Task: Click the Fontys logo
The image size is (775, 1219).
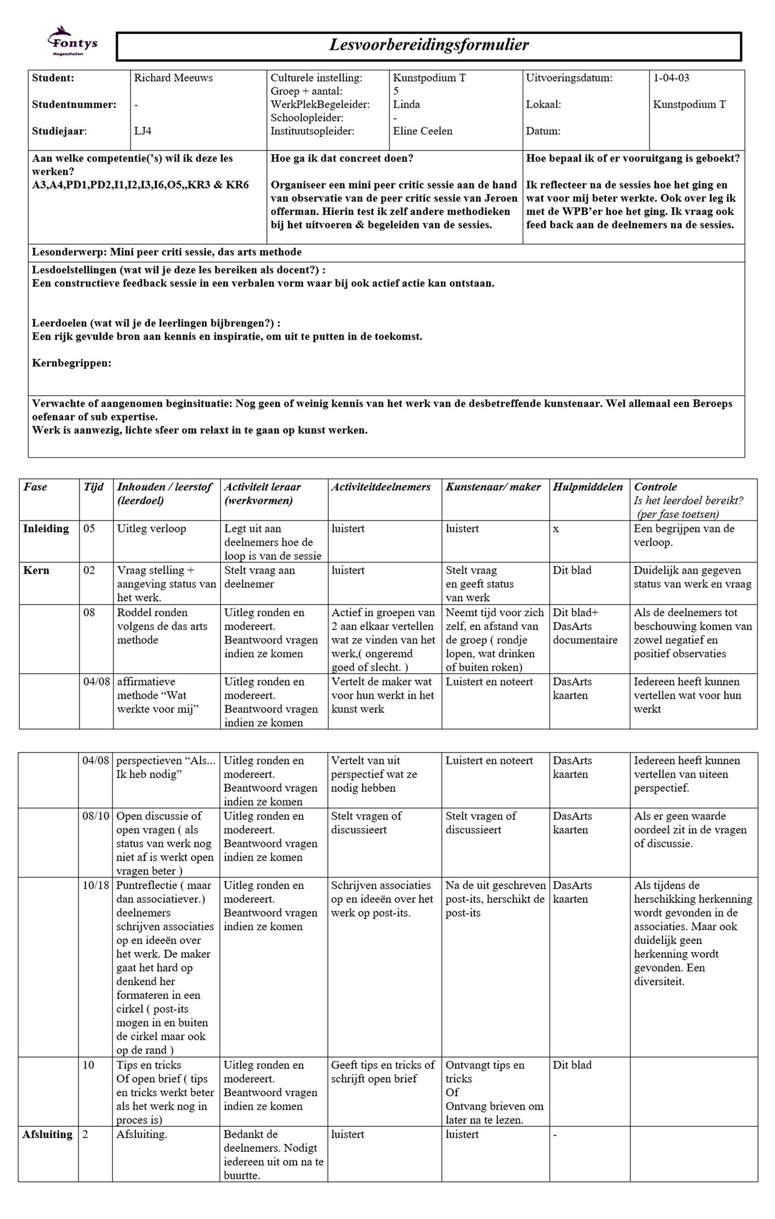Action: (72, 42)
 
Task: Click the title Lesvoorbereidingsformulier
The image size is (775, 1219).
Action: (429, 45)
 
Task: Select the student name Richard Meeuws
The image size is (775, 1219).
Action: (173, 78)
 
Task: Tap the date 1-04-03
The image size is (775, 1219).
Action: (671, 78)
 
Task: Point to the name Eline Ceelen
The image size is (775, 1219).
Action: (422, 131)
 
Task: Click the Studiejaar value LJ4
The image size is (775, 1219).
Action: (142, 131)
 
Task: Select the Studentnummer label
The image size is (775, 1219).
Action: (74, 105)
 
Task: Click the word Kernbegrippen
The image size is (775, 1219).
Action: (71, 363)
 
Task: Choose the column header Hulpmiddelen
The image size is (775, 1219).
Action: (587, 487)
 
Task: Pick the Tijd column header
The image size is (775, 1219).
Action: (93, 487)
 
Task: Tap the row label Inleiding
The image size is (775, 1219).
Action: (46, 529)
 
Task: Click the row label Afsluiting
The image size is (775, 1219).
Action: (47, 1135)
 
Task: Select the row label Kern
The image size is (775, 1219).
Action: (36, 570)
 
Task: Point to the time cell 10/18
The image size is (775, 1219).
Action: (96, 885)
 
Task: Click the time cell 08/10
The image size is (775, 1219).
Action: (96, 816)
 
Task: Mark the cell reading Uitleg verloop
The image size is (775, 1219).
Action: (151, 529)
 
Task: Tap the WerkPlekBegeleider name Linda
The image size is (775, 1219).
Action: (406, 105)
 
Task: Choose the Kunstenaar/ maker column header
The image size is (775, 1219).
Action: (493, 487)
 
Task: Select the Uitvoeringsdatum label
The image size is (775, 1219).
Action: (569, 78)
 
